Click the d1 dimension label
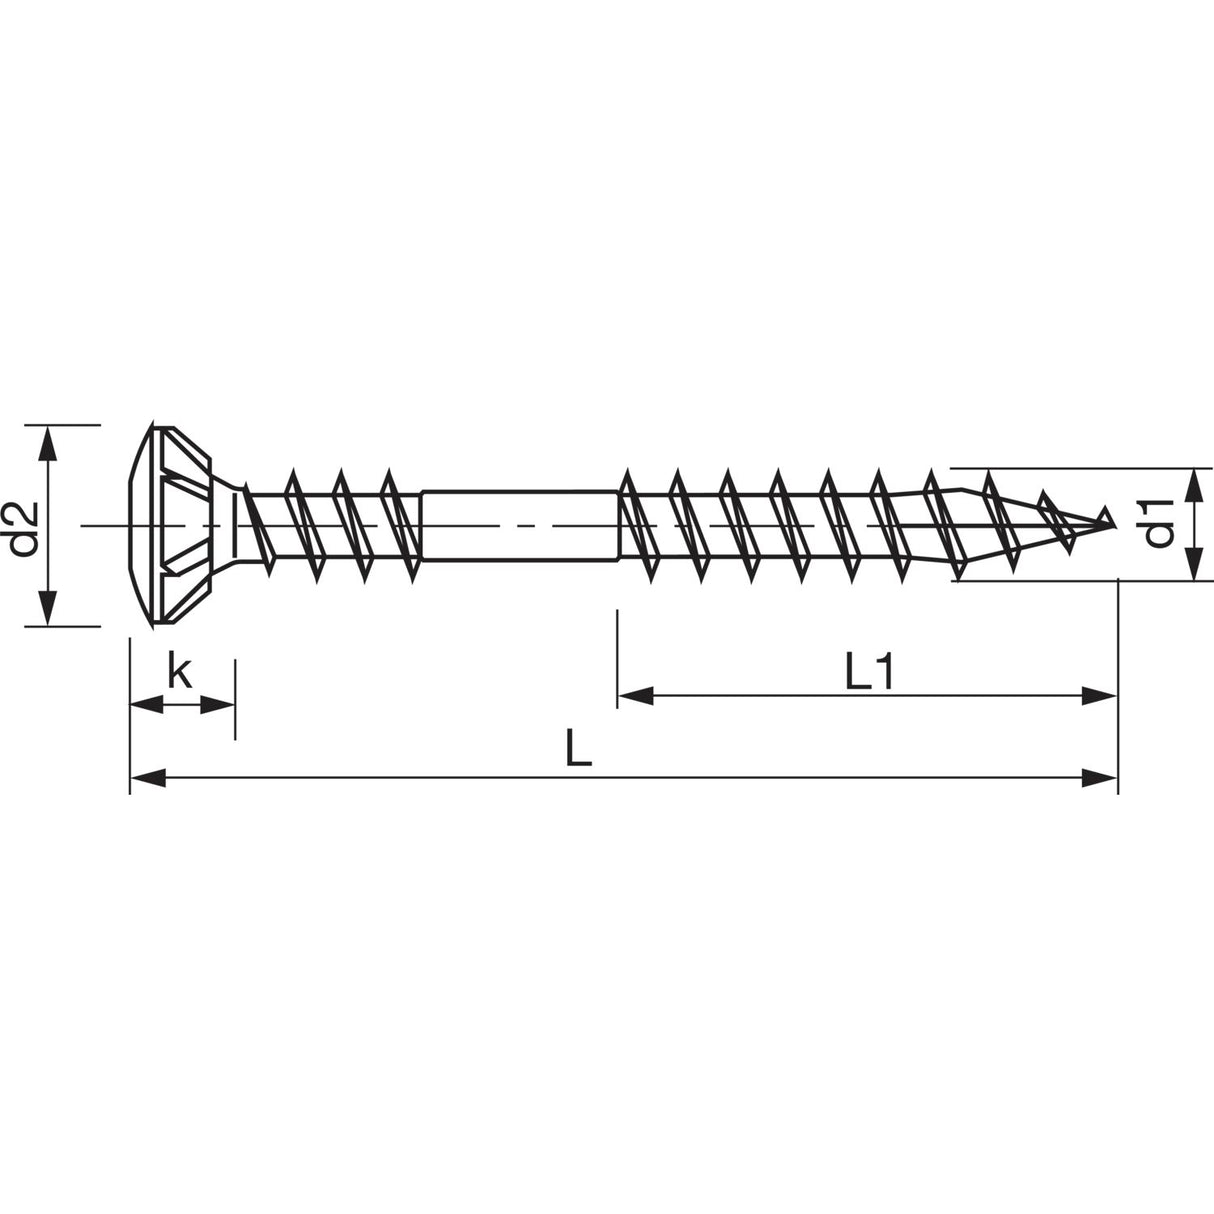(x=1159, y=524)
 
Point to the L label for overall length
(x=578, y=749)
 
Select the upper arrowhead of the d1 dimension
(x=1193, y=483)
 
